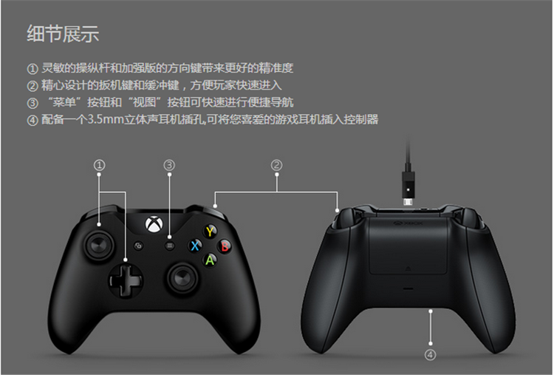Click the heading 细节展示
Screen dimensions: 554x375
pyautogui.click(x=63, y=33)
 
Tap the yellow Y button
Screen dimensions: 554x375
pyautogui.click(x=210, y=231)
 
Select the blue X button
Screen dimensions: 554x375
pyautogui.click(x=196, y=246)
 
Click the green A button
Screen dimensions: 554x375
pyautogui.click(x=210, y=260)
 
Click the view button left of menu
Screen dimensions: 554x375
pyautogui.click(x=138, y=246)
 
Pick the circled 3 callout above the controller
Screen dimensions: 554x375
pyautogui.click(x=169, y=165)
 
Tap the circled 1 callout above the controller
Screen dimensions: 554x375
pyautogui.click(x=100, y=165)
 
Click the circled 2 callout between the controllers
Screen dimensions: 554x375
pyautogui.click(x=276, y=165)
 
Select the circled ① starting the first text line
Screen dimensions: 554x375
pyautogui.click(x=31, y=68)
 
